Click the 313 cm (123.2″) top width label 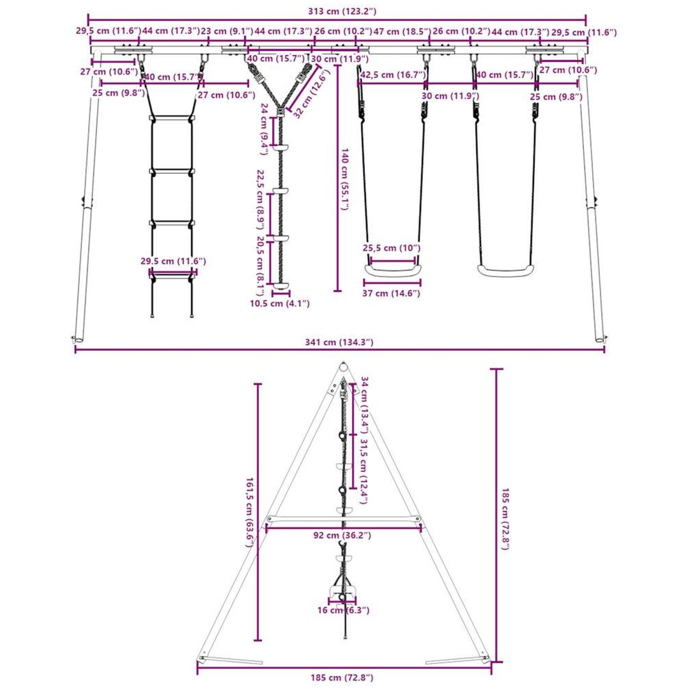[x=342, y=11]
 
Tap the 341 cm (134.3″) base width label [x=339, y=342]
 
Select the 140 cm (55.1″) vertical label [x=344, y=179]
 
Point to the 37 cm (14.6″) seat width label [x=391, y=293]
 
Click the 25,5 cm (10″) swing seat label [x=391, y=248]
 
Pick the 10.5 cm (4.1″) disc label [x=280, y=303]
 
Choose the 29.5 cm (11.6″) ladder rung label [x=173, y=261]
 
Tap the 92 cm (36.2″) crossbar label [x=342, y=535]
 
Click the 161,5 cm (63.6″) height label [x=249, y=512]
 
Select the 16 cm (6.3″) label [x=343, y=610]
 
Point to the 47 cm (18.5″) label [x=401, y=31]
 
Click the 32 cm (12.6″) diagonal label [x=311, y=94]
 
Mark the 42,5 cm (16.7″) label [x=393, y=75]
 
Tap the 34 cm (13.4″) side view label [x=364, y=405]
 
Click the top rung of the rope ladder [x=172, y=118]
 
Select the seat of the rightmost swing [x=506, y=270]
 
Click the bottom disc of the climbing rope [x=280, y=286]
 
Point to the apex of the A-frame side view [x=343, y=364]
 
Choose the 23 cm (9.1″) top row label [x=227, y=31]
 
